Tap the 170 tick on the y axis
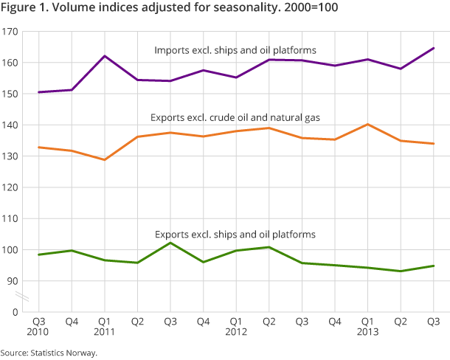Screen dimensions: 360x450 click(10, 32)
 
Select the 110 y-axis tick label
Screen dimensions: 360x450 click(10, 219)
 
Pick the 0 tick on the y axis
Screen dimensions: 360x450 click(14, 312)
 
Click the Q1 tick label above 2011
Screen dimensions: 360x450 click(104, 322)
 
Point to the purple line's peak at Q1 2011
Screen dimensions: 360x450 click(104, 56)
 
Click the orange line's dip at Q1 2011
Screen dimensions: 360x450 click(104, 159)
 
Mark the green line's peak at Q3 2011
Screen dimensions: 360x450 click(171, 243)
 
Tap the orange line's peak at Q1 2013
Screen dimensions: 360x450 click(366, 124)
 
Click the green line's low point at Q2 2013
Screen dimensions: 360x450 click(400, 271)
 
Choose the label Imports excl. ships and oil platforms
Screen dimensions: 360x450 click(235, 50)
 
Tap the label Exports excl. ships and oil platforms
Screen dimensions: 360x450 click(235, 234)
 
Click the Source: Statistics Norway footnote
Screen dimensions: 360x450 click(49, 353)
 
